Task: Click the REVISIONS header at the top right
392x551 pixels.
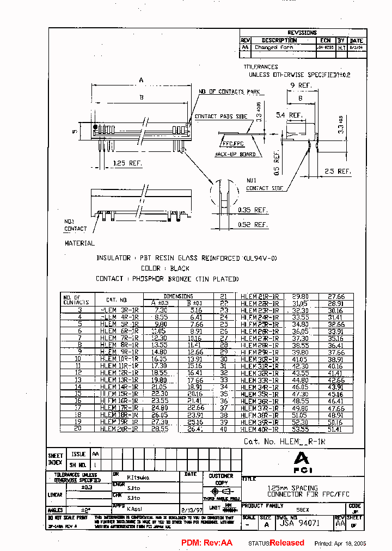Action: click(x=302, y=33)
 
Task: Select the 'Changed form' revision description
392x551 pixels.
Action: click(x=274, y=47)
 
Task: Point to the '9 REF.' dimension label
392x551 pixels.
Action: click(x=301, y=85)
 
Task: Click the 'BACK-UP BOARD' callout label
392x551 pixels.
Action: click(x=235, y=154)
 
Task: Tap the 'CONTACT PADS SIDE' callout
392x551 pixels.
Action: click(x=221, y=117)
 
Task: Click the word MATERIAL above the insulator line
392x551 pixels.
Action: click(x=80, y=243)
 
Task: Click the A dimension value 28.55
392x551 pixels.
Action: click(x=160, y=428)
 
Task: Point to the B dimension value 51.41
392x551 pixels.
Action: click(x=335, y=428)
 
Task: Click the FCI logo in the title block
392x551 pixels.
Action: click(x=301, y=462)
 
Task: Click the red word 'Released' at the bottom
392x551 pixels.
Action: click(x=287, y=543)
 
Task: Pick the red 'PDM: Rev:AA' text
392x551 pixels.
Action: click(x=206, y=543)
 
